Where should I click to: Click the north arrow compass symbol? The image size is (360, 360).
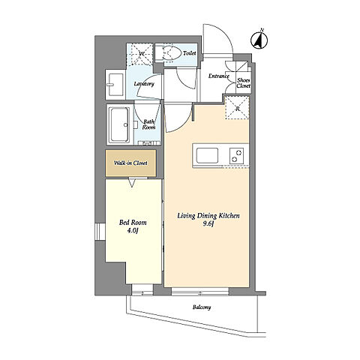(259, 40)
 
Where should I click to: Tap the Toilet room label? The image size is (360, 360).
(190, 53)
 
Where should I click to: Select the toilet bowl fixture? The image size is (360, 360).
(169, 52)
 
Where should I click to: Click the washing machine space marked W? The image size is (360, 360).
(140, 54)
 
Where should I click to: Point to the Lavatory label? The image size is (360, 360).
(144, 84)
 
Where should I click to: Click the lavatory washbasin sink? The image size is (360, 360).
(115, 84)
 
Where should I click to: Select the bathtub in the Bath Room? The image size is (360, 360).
(120, 124)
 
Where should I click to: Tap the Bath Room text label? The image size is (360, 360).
(148, 124)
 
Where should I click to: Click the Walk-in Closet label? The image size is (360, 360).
(130, 163)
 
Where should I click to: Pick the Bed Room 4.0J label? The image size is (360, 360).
(133, 226)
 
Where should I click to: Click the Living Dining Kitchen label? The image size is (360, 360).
(208, 219)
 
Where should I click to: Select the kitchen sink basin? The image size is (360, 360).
(207, 155)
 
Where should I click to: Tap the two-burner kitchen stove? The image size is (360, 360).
(236, 155)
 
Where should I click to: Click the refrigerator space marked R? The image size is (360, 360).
(238, 108)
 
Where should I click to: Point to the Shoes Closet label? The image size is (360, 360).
(244, 83)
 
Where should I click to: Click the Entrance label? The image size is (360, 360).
(219, 76)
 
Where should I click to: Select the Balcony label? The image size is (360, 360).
(202, 307)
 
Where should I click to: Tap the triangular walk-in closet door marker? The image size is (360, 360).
(132, 183)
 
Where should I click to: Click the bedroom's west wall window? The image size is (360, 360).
(100, 232)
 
